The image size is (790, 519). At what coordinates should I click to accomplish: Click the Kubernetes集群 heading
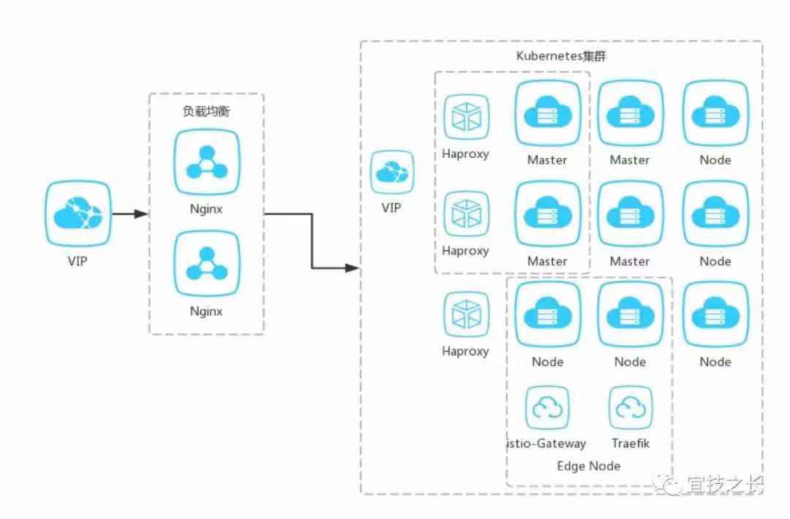pyautogui.click(x=561, y=57)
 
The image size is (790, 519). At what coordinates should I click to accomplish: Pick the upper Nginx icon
pyautogui.click(x=206, y=162)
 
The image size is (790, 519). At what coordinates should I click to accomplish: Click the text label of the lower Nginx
pyautogui.click(x=206, y=311)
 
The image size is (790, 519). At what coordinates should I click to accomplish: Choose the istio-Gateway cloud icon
pyautogui.click(x=547, y=408)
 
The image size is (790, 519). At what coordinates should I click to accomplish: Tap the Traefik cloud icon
pyautogui.click(x=630, y=408)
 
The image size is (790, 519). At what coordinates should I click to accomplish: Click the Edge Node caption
pyautogui.click(x=588, y=466)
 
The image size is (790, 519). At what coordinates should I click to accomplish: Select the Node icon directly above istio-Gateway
pyautogui.click(x=547, y=314)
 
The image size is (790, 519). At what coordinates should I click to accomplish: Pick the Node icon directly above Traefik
pyautogui.click(x=630, y=314)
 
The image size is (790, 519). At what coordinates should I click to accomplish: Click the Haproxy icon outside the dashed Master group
pyautogui.click(x=465, y=314)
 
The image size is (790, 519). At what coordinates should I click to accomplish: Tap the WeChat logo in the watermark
pyautogui.click(x=671, y=483)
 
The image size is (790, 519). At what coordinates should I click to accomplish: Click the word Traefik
pyautogui.click(x=630, y=443)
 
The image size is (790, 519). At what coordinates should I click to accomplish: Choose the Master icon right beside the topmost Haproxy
pyautogui.click(x=547, y=113)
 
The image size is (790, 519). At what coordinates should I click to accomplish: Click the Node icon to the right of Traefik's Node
pyautogui.click(x=715, y=314)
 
